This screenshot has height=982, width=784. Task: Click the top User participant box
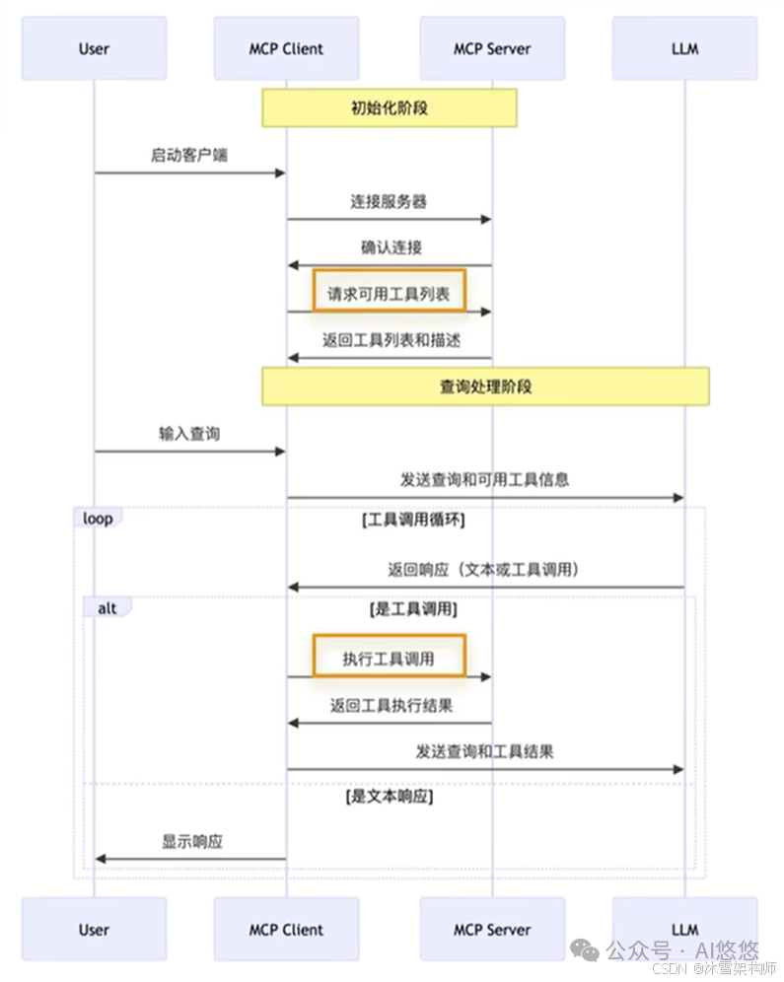click(x=94, y=47)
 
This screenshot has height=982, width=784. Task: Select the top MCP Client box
click(x=286, y=47)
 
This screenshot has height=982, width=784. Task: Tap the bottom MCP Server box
click(x=491, y=929)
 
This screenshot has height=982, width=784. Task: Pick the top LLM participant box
click(x=684, y=47)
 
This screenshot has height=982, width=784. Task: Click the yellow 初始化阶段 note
click(x=389, y=107)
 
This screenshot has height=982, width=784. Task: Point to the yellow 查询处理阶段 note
click(x=485, y=386)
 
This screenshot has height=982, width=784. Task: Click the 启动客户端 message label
click(x=189, y=155)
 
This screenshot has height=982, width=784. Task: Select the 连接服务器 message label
click(x=389, y=201)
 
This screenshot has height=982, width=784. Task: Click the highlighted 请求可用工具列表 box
click(x=389, y=292)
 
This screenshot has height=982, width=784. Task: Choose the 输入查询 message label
click(x=189, y=433)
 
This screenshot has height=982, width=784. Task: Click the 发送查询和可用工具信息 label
click(x=484, y=480)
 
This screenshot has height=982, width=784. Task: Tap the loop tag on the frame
click(x=98, y=517)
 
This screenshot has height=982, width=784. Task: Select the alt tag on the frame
click(x=107, y=608)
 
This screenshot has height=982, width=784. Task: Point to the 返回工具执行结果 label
click(x=391, y=705)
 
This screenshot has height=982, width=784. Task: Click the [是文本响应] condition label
click(x=390, y=796)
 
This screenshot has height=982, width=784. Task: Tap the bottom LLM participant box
click(x=684, y=929)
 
